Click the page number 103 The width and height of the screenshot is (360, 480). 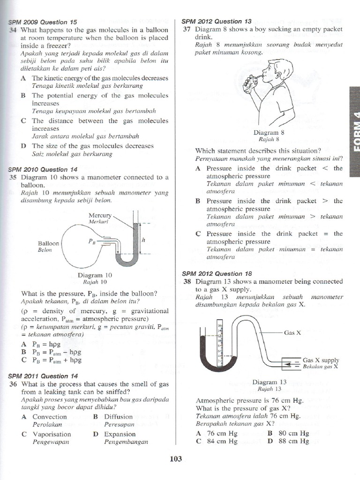tap(175, 459)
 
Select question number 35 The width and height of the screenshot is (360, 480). tap(13, 177)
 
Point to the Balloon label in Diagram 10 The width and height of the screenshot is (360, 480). tap(48, 244)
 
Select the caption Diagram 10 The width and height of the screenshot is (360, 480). tap(95, 276)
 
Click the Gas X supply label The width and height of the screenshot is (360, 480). tap(321, 360)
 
